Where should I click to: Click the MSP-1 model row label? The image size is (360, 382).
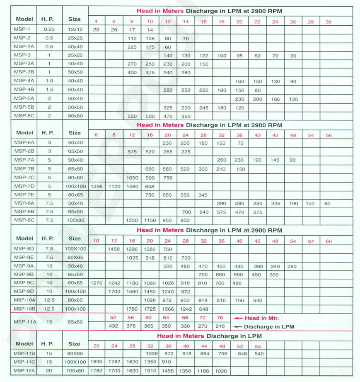tap(21, 29)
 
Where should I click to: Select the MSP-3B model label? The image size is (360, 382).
tap(24, 73)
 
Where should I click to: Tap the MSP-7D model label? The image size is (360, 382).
tap(24, 186)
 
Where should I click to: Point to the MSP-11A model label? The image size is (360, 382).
tap(24, 322)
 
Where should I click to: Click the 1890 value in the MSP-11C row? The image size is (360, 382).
tap(96, 362)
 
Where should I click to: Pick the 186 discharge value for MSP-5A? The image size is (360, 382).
tap(275, 99)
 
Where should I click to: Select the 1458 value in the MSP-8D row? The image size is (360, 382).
tap(114, 249)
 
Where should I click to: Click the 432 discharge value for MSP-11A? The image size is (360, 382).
tap(114, 326)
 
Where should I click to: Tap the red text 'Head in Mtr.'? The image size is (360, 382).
tap(261, 318)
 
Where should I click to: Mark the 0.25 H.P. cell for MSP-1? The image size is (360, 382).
tap(49, 29)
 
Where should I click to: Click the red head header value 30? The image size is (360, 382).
tap(329, 22)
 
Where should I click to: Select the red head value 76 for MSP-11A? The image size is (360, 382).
tap(220, 318)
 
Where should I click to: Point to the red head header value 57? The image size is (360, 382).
tap(311, 241)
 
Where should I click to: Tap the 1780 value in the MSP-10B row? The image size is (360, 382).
tap(132, 309)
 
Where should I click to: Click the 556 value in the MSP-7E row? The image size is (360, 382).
tap(185, 195)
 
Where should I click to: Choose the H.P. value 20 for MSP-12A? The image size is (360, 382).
tap(49, 370)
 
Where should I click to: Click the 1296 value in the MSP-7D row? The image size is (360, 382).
tap(96, 186)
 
